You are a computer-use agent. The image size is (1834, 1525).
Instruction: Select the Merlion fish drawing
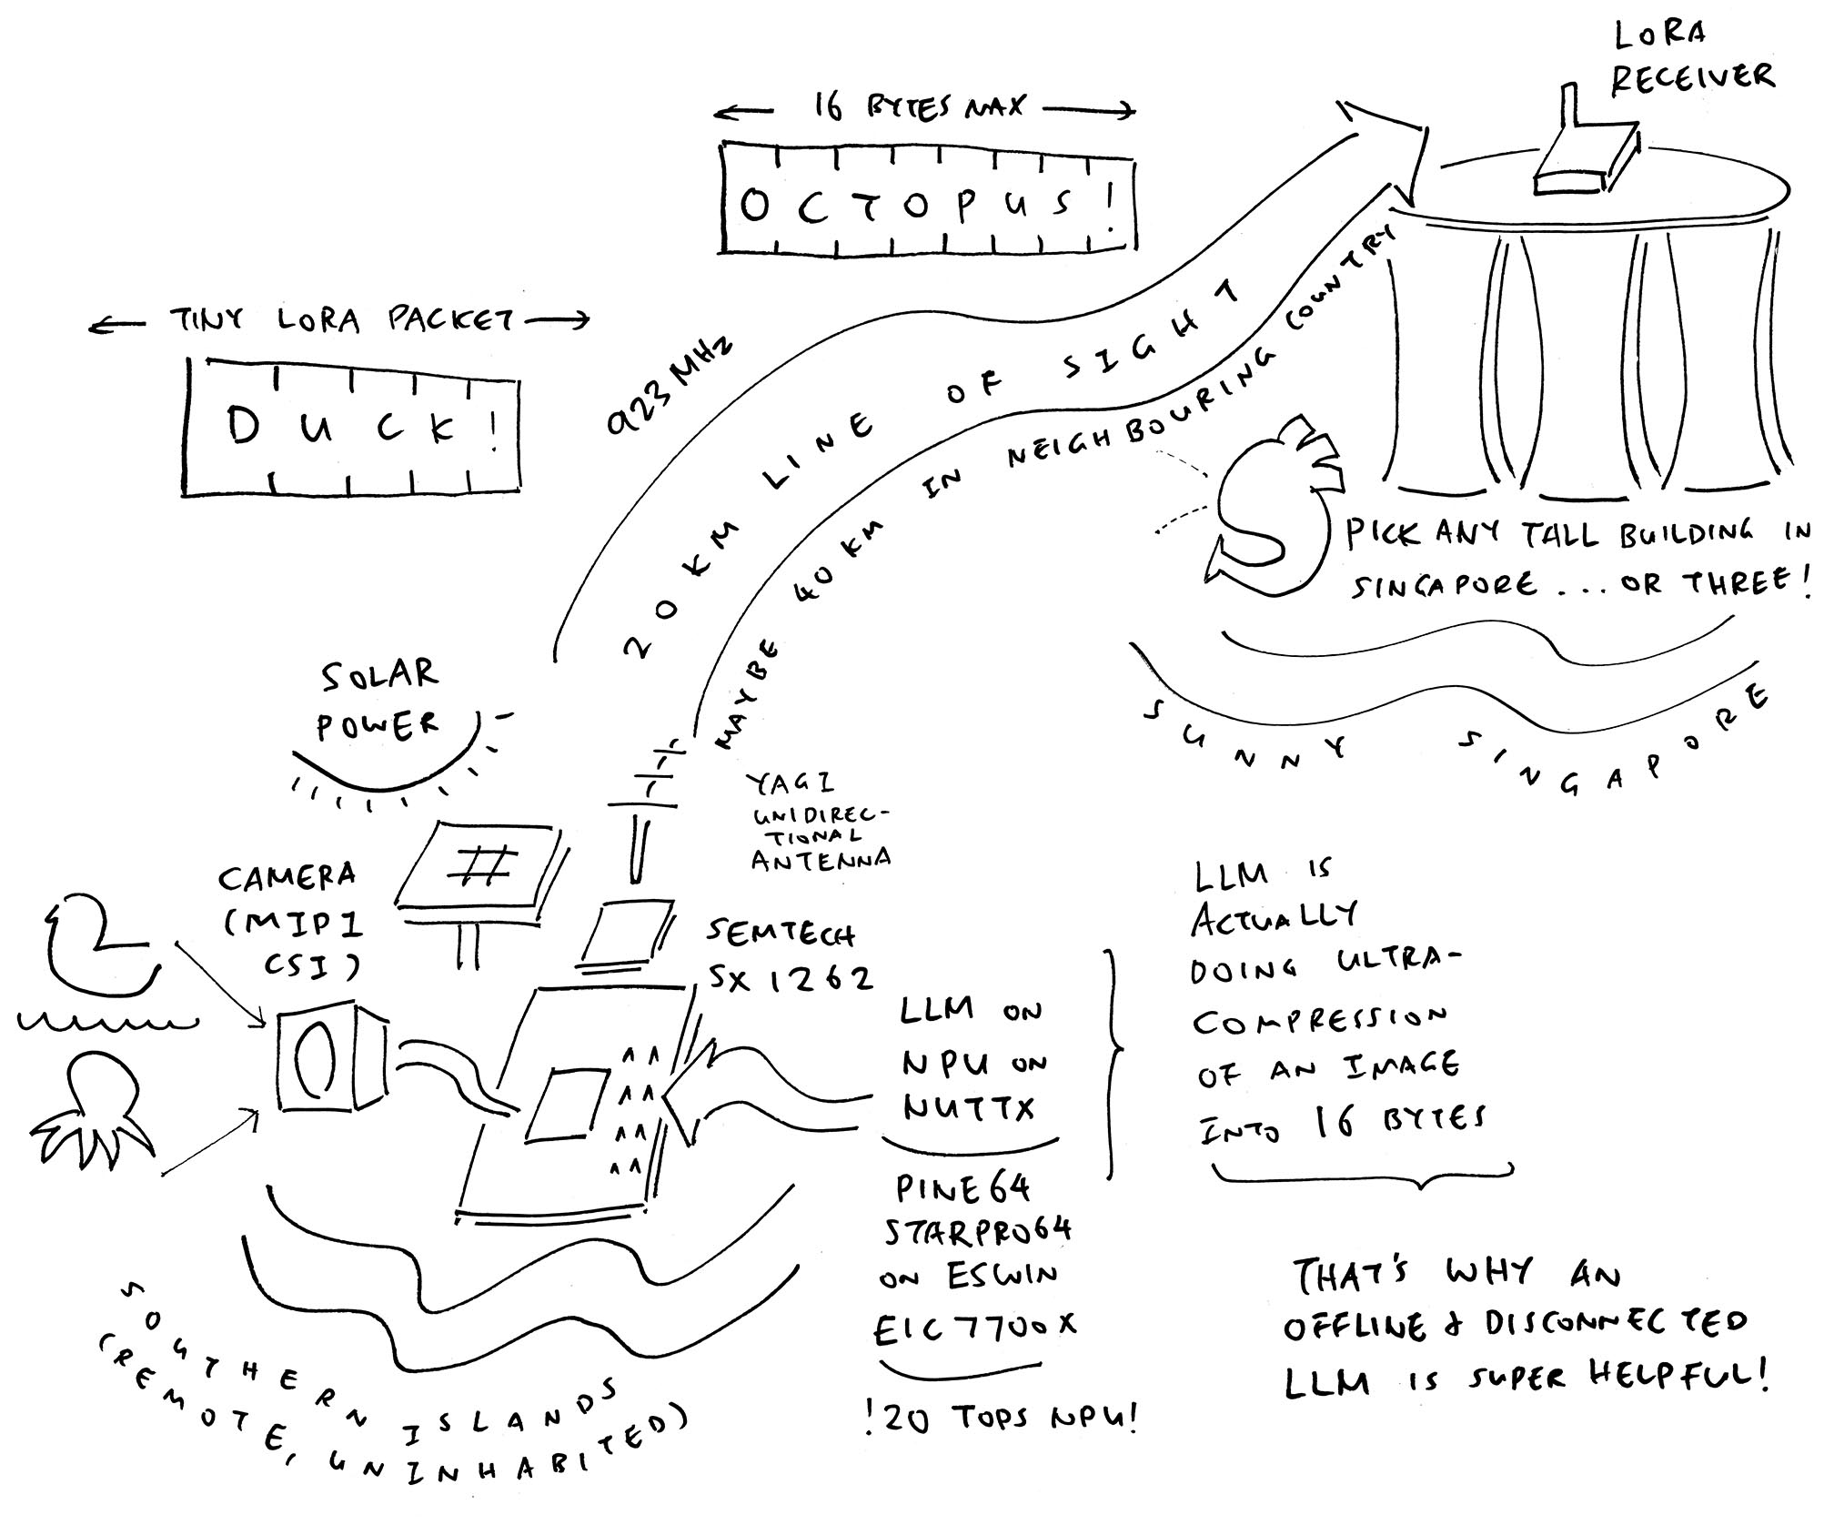click(1274, 510)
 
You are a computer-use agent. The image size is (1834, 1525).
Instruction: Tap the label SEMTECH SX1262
click(787, 955)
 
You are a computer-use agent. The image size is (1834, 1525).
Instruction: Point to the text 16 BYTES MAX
click(919, 107)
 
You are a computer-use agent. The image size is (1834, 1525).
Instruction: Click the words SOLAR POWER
click(378, 701)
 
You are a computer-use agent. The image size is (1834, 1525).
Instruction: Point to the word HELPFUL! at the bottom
click(1678, 1376)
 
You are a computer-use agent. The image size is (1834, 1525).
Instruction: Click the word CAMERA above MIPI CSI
click(287, 878)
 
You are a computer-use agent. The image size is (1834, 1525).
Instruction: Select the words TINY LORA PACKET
click(341, 320)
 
